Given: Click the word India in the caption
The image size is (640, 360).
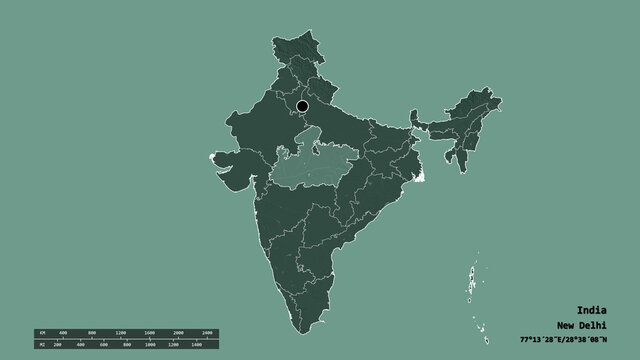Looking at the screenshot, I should (589, 309).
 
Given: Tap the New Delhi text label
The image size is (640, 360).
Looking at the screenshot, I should (580, 324).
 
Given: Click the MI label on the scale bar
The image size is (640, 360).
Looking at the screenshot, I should (42, 343).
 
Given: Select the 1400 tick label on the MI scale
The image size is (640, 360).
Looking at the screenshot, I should (196, 343).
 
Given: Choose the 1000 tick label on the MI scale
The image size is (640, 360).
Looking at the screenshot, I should (151, 343).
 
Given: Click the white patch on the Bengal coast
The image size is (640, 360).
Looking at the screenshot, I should (421, 178).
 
